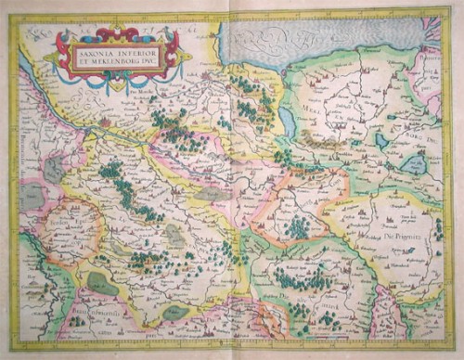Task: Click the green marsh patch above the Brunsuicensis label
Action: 103,284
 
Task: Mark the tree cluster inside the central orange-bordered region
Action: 297,225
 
